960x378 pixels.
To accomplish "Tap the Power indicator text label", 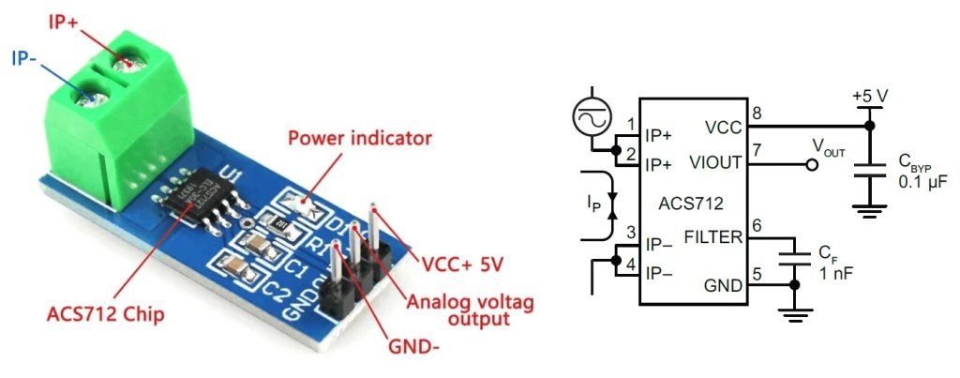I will (359, 139).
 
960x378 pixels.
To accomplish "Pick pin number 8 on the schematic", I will (756, 114).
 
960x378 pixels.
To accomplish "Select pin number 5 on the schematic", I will (756, 275).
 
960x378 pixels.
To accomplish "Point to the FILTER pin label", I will (713, 238).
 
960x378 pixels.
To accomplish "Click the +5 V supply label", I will (869, 97).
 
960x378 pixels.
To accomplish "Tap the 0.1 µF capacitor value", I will (922, 181).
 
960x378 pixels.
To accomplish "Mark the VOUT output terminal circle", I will (812, 164).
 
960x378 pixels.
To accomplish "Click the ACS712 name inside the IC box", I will (693, 202).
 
